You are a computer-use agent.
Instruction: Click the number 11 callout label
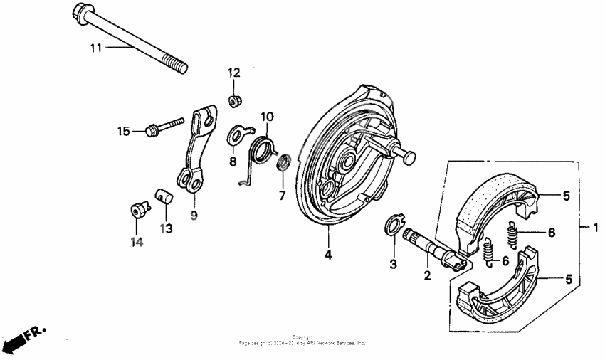[96, 48]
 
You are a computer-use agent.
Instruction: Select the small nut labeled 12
[233, 101]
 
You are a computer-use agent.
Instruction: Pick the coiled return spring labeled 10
[263, 150]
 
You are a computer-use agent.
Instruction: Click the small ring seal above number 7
[283, 162]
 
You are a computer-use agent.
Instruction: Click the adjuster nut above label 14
[137, 210]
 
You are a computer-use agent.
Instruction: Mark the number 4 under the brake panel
[328, 254]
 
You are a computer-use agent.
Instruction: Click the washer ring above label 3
[393, 225]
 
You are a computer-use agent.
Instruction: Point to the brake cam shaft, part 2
[433, 250]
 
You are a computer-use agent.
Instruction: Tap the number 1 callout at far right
[596, 228]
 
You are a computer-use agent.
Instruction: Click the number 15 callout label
[125, 131]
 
